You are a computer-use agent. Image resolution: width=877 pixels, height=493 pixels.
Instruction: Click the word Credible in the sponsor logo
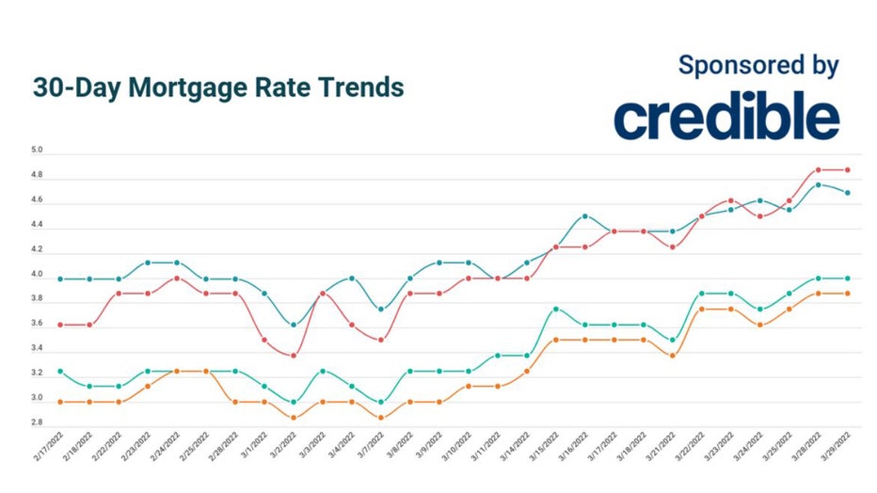pyautogui.click(x=726, y=117)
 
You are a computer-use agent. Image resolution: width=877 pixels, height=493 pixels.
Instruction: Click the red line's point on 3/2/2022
pyautogui.click(x=294, y=356)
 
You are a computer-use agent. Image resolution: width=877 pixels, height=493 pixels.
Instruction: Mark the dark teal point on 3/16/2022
pyautogui.click(x=585, y=216)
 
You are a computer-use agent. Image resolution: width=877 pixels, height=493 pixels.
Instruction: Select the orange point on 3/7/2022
pyautogui.click(x=381, y=418)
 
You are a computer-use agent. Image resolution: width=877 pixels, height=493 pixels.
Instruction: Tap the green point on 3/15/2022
pyautogui.click(x=556, y=309)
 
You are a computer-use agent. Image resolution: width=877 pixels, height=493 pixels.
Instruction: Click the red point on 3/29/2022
pyautogui.click(x=848, y=170)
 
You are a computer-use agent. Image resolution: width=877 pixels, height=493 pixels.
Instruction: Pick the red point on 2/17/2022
pyautogui.click(x=61, y=325)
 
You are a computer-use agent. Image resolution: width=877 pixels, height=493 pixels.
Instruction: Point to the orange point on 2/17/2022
pyautogui.click(x=61, y=402)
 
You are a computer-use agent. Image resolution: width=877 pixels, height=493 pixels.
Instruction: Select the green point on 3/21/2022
pyautogui.click(x=673, y=340)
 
